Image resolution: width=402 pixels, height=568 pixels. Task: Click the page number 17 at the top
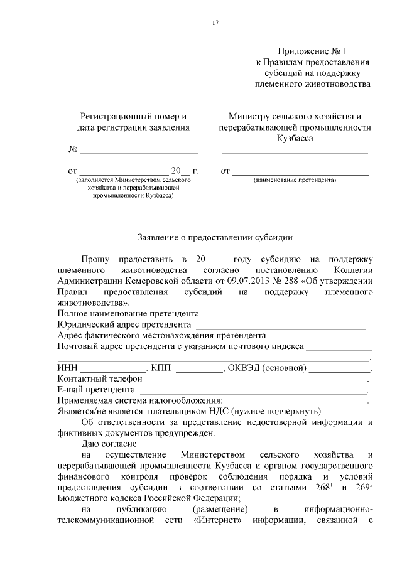pyautogui.click(x=214, y=23)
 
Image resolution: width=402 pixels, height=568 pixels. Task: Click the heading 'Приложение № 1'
pyautogui.click(x=312, y=51)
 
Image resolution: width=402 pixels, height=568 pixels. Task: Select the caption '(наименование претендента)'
pyautogui.click(x=295, y=181)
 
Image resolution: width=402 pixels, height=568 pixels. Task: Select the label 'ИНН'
pyautogui.click(x=67, y=368)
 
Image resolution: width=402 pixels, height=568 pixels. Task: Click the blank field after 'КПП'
pyautogui.click(x=199, y=368)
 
